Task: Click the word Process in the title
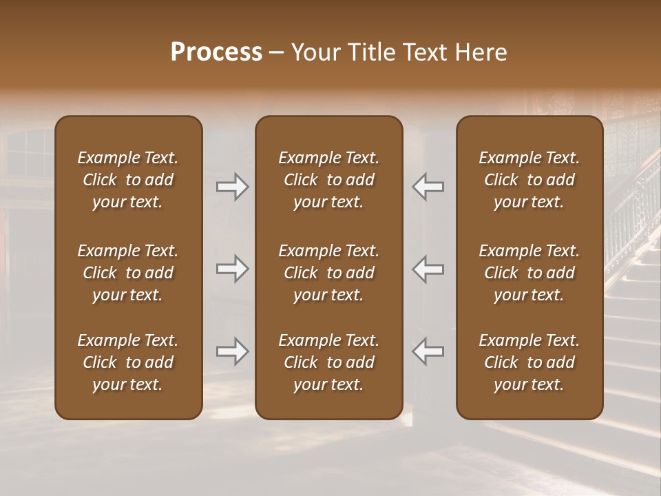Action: point(216,52)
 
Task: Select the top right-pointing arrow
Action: point(232,187)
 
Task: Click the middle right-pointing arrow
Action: point(232,269)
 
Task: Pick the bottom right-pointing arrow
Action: point(232,351)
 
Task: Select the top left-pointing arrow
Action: point(428,187)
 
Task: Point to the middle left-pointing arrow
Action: point(428,269)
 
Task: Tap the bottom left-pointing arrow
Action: point(428,351)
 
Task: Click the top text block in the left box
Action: point(128,180)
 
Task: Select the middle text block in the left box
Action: point(128,273)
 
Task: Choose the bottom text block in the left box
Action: point(128,362)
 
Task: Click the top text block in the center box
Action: point(328,180)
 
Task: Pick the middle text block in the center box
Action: point(328,273)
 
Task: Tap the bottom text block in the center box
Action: point(328,362)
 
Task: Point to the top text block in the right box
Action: point(529,180)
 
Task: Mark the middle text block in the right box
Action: point(529,273)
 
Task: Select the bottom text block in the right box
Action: point(529,362)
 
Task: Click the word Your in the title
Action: point(313,52)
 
